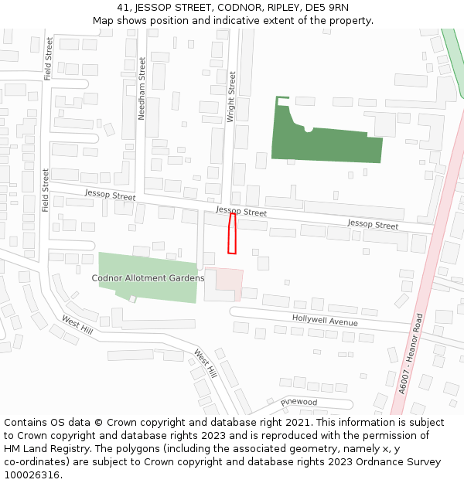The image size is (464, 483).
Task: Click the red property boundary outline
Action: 231,233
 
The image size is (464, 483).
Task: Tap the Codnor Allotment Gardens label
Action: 148,278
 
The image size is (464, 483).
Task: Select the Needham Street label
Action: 142,88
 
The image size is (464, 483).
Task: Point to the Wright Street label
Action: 231,97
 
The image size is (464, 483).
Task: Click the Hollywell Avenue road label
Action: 325,320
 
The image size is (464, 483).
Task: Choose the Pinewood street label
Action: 299,403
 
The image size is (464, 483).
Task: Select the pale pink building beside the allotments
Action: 224,283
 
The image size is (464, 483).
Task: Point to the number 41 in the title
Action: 124,8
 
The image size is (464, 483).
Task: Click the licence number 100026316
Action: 32,475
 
